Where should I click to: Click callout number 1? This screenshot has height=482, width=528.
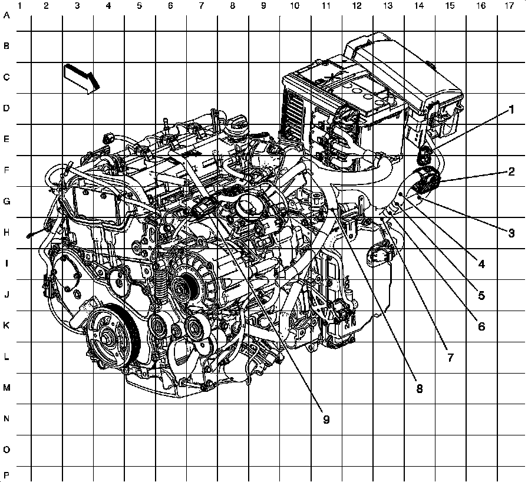[511, 110]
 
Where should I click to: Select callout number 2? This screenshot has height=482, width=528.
[511, 171]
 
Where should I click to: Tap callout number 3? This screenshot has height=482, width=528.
[511, 233]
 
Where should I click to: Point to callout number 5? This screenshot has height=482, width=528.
[481, 295]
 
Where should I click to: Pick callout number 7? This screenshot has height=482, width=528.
[451, 357]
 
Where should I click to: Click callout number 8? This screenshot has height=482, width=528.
[419, 388]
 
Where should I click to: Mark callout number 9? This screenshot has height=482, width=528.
[326, 420]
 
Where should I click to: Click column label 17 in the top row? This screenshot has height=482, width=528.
[510, 6]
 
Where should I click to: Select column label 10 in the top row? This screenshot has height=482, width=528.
[294, 6]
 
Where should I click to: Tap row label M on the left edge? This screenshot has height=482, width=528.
[6, 388]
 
